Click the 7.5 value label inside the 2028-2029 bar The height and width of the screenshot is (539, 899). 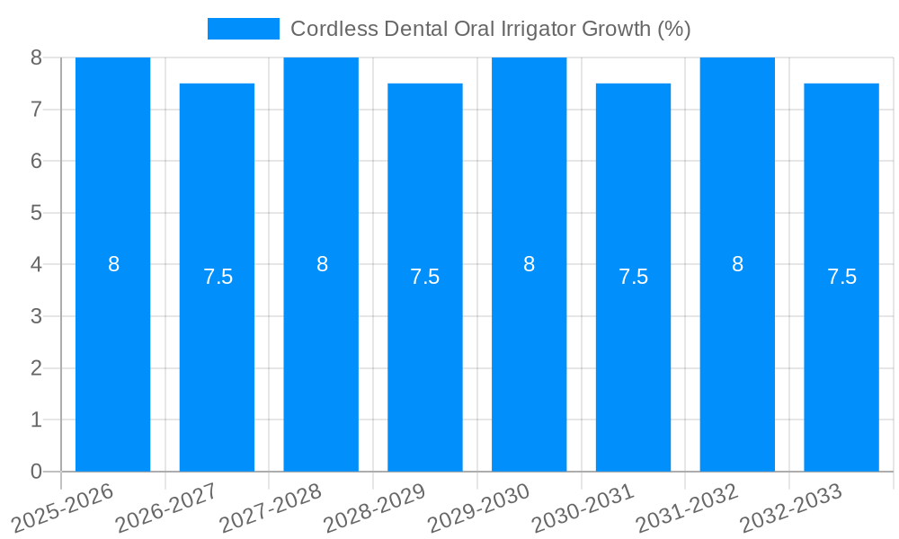[x=424, y=277]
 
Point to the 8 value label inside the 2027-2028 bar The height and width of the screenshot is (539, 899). [x=322, y=264]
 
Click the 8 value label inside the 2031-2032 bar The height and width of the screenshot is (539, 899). [x=737, y=264]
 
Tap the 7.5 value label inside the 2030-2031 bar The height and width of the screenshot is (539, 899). [x=633, y=277]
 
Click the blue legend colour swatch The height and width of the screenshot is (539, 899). [x=243, y=29]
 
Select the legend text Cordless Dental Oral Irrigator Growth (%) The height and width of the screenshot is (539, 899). [x=490, y=29]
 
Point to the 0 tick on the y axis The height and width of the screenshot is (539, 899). [x=36, y=472]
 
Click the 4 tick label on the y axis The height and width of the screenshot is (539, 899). [x=36, y=265]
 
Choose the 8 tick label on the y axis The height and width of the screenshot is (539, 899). [x=36, y=57]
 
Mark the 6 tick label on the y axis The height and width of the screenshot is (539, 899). [x=36, y=162]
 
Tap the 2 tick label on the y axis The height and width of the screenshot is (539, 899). [x=36, y=368]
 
